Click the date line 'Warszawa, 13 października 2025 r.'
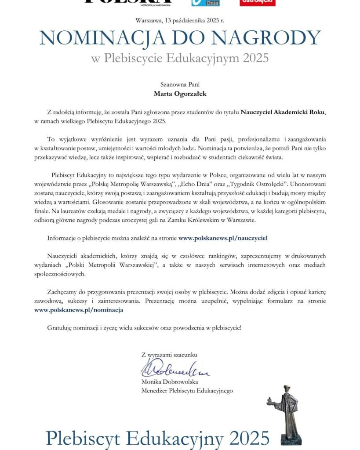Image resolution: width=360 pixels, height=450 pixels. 180,20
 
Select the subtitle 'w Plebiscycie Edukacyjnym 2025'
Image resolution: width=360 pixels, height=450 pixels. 180,58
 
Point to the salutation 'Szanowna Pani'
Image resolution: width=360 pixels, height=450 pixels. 180,83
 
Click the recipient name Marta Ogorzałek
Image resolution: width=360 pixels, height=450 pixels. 180,93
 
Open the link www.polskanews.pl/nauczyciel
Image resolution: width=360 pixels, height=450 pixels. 223,238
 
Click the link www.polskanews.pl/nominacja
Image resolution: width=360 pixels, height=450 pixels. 79,309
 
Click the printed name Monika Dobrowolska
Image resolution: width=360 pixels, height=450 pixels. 170,381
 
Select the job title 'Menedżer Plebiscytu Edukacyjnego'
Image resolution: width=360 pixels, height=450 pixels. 187,390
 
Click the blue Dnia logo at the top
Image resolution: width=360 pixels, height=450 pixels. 205,3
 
